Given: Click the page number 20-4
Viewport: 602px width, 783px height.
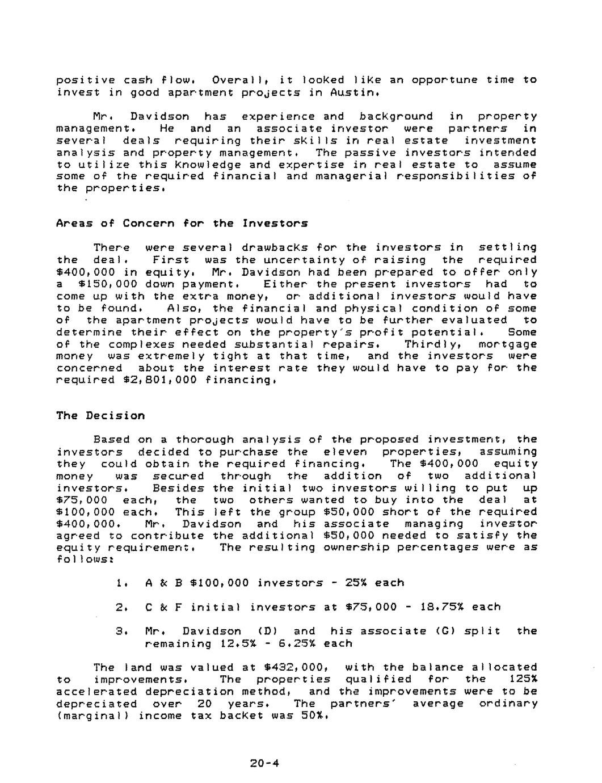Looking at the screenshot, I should [264, 763].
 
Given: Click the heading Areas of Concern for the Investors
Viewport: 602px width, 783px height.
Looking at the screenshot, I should [182, 223].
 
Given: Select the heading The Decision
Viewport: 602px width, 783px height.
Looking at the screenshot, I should [100, 415].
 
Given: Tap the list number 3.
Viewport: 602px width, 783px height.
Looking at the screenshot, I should [119, 631].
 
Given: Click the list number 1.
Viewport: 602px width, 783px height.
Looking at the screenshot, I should [119, 583].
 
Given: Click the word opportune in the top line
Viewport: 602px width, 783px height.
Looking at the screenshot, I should [442, 80].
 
